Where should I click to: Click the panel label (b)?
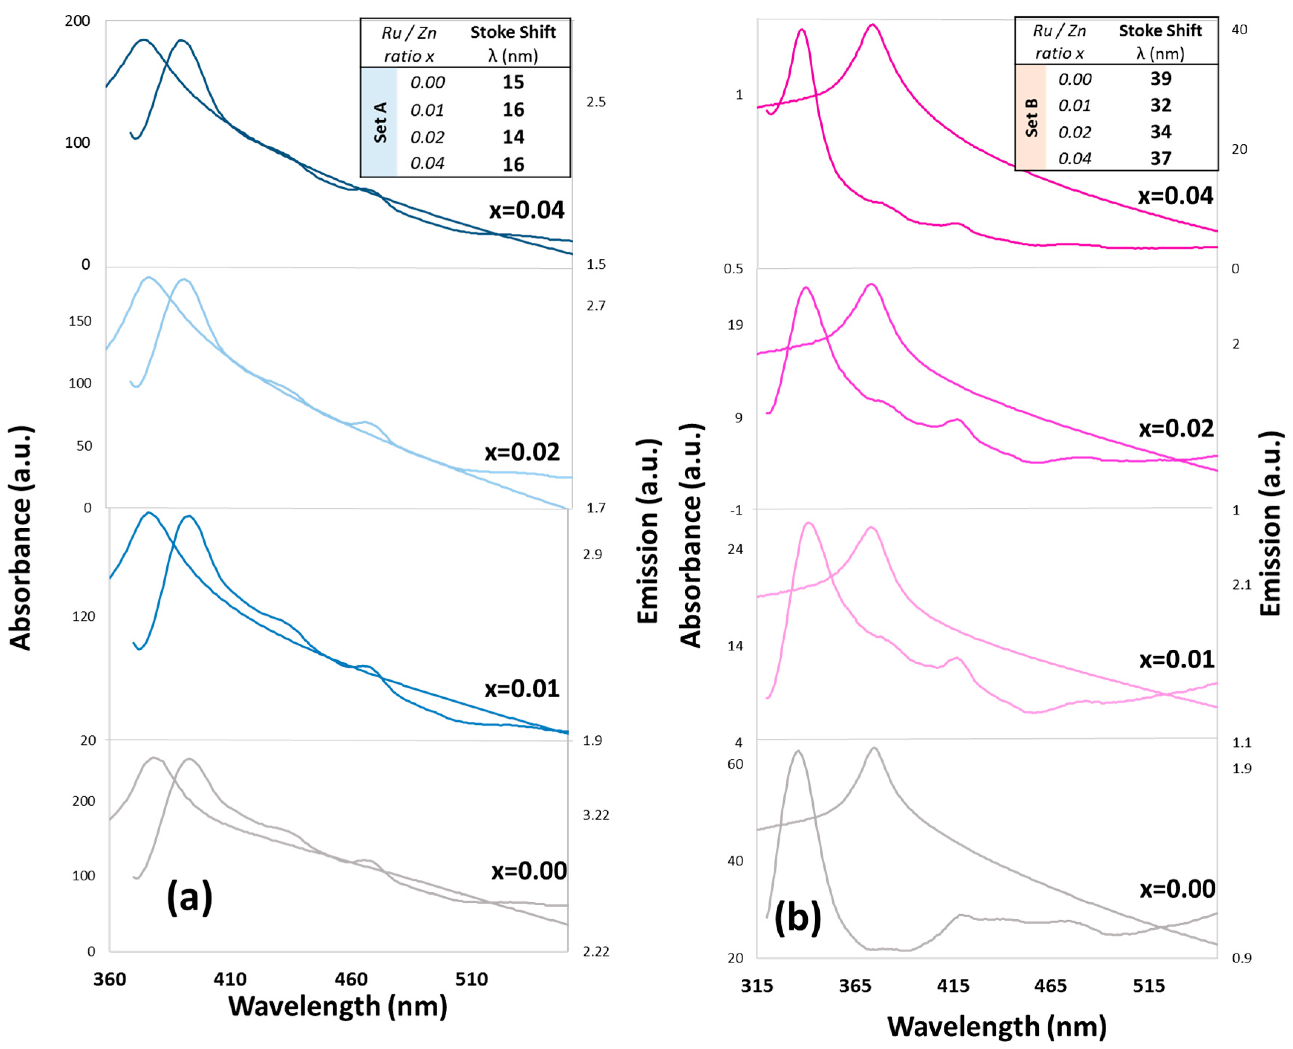click(797, 917)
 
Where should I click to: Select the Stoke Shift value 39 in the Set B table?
click(1160, 78)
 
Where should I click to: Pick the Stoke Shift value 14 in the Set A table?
click(513, 137)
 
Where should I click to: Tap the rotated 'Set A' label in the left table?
click(380, 122)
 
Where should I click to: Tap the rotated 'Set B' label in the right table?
click(1032, 117)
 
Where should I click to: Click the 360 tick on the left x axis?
click(110, 978)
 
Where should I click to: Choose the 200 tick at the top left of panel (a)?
click(77, 21)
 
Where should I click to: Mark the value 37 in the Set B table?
click(1160, 158)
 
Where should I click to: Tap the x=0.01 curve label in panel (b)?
click(1176, 659)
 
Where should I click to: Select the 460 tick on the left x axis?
click(351, 978)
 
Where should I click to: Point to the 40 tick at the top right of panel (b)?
click(1239, 30)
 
